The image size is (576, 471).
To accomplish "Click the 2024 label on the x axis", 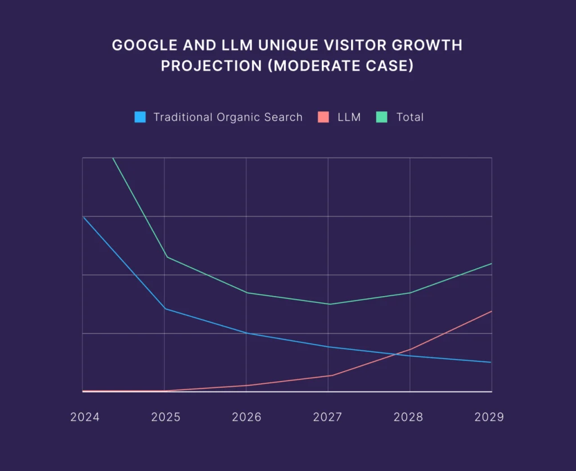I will point(85,417).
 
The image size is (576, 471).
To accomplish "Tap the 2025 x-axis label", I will point(165,417).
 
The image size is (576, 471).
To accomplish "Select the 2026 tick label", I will point(246,417).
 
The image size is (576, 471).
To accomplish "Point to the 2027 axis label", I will point(328,417).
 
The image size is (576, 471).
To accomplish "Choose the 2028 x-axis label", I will point(409,417).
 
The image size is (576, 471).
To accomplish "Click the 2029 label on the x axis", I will point(489,417).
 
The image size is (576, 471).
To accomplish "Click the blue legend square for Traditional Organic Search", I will point(140,117).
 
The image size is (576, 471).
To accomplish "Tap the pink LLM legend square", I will point(323,117).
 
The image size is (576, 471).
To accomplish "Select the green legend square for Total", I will point(381,117).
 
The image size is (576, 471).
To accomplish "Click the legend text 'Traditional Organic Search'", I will point(228,117).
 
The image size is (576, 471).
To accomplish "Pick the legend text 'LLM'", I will point(349,117).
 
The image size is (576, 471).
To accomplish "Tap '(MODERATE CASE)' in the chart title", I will point(340,66).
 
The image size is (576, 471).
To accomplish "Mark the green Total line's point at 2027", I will point(328,304).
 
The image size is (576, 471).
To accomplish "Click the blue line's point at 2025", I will point(165,309).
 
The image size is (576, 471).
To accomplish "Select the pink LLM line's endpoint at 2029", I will point(492,311).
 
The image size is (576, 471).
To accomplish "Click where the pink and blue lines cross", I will point(401,354).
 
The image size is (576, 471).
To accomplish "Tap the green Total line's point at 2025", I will point(166,257).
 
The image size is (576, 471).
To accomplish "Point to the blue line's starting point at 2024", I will point(83,216).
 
